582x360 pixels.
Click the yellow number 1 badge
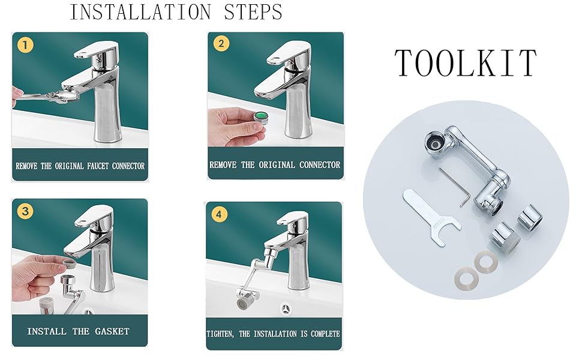point(25,45)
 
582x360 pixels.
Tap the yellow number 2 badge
point(221,43)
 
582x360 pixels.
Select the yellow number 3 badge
point(25,211)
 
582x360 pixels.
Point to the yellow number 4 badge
point(219,215)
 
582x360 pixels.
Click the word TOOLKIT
point(466,63)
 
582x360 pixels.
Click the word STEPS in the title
point(253,12)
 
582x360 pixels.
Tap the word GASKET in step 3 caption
point(112,331)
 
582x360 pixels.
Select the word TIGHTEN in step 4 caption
point(220,334)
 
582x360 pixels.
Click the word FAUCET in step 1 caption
point(98,166)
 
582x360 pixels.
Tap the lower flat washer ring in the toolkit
point(466,278)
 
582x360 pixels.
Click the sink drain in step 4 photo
point(285,309)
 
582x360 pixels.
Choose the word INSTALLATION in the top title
point(140,12)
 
